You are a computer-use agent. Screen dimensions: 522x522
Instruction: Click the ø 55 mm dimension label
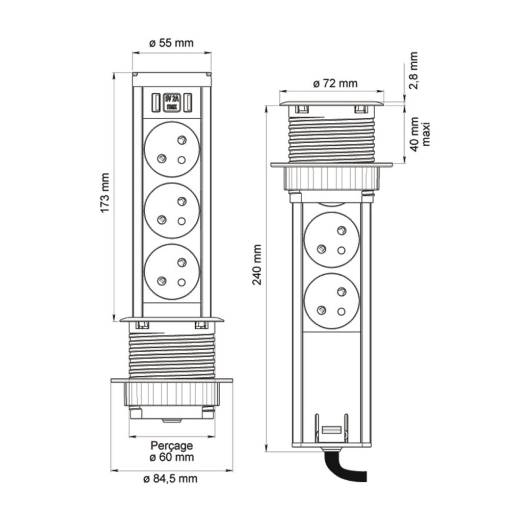(x=171, y=43)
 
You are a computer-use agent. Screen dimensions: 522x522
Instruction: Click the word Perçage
(x=171, y=446)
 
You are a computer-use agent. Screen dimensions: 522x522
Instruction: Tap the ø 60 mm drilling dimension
(x=171, y=457)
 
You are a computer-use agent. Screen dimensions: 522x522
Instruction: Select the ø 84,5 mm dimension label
(x=171, y=479)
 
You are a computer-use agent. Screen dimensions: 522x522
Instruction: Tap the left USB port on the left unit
(x=154, y=102)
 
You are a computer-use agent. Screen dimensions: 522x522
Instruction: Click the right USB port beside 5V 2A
(x=188, y=102)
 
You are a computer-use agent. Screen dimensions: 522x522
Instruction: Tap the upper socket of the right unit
(x=331, y=239)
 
